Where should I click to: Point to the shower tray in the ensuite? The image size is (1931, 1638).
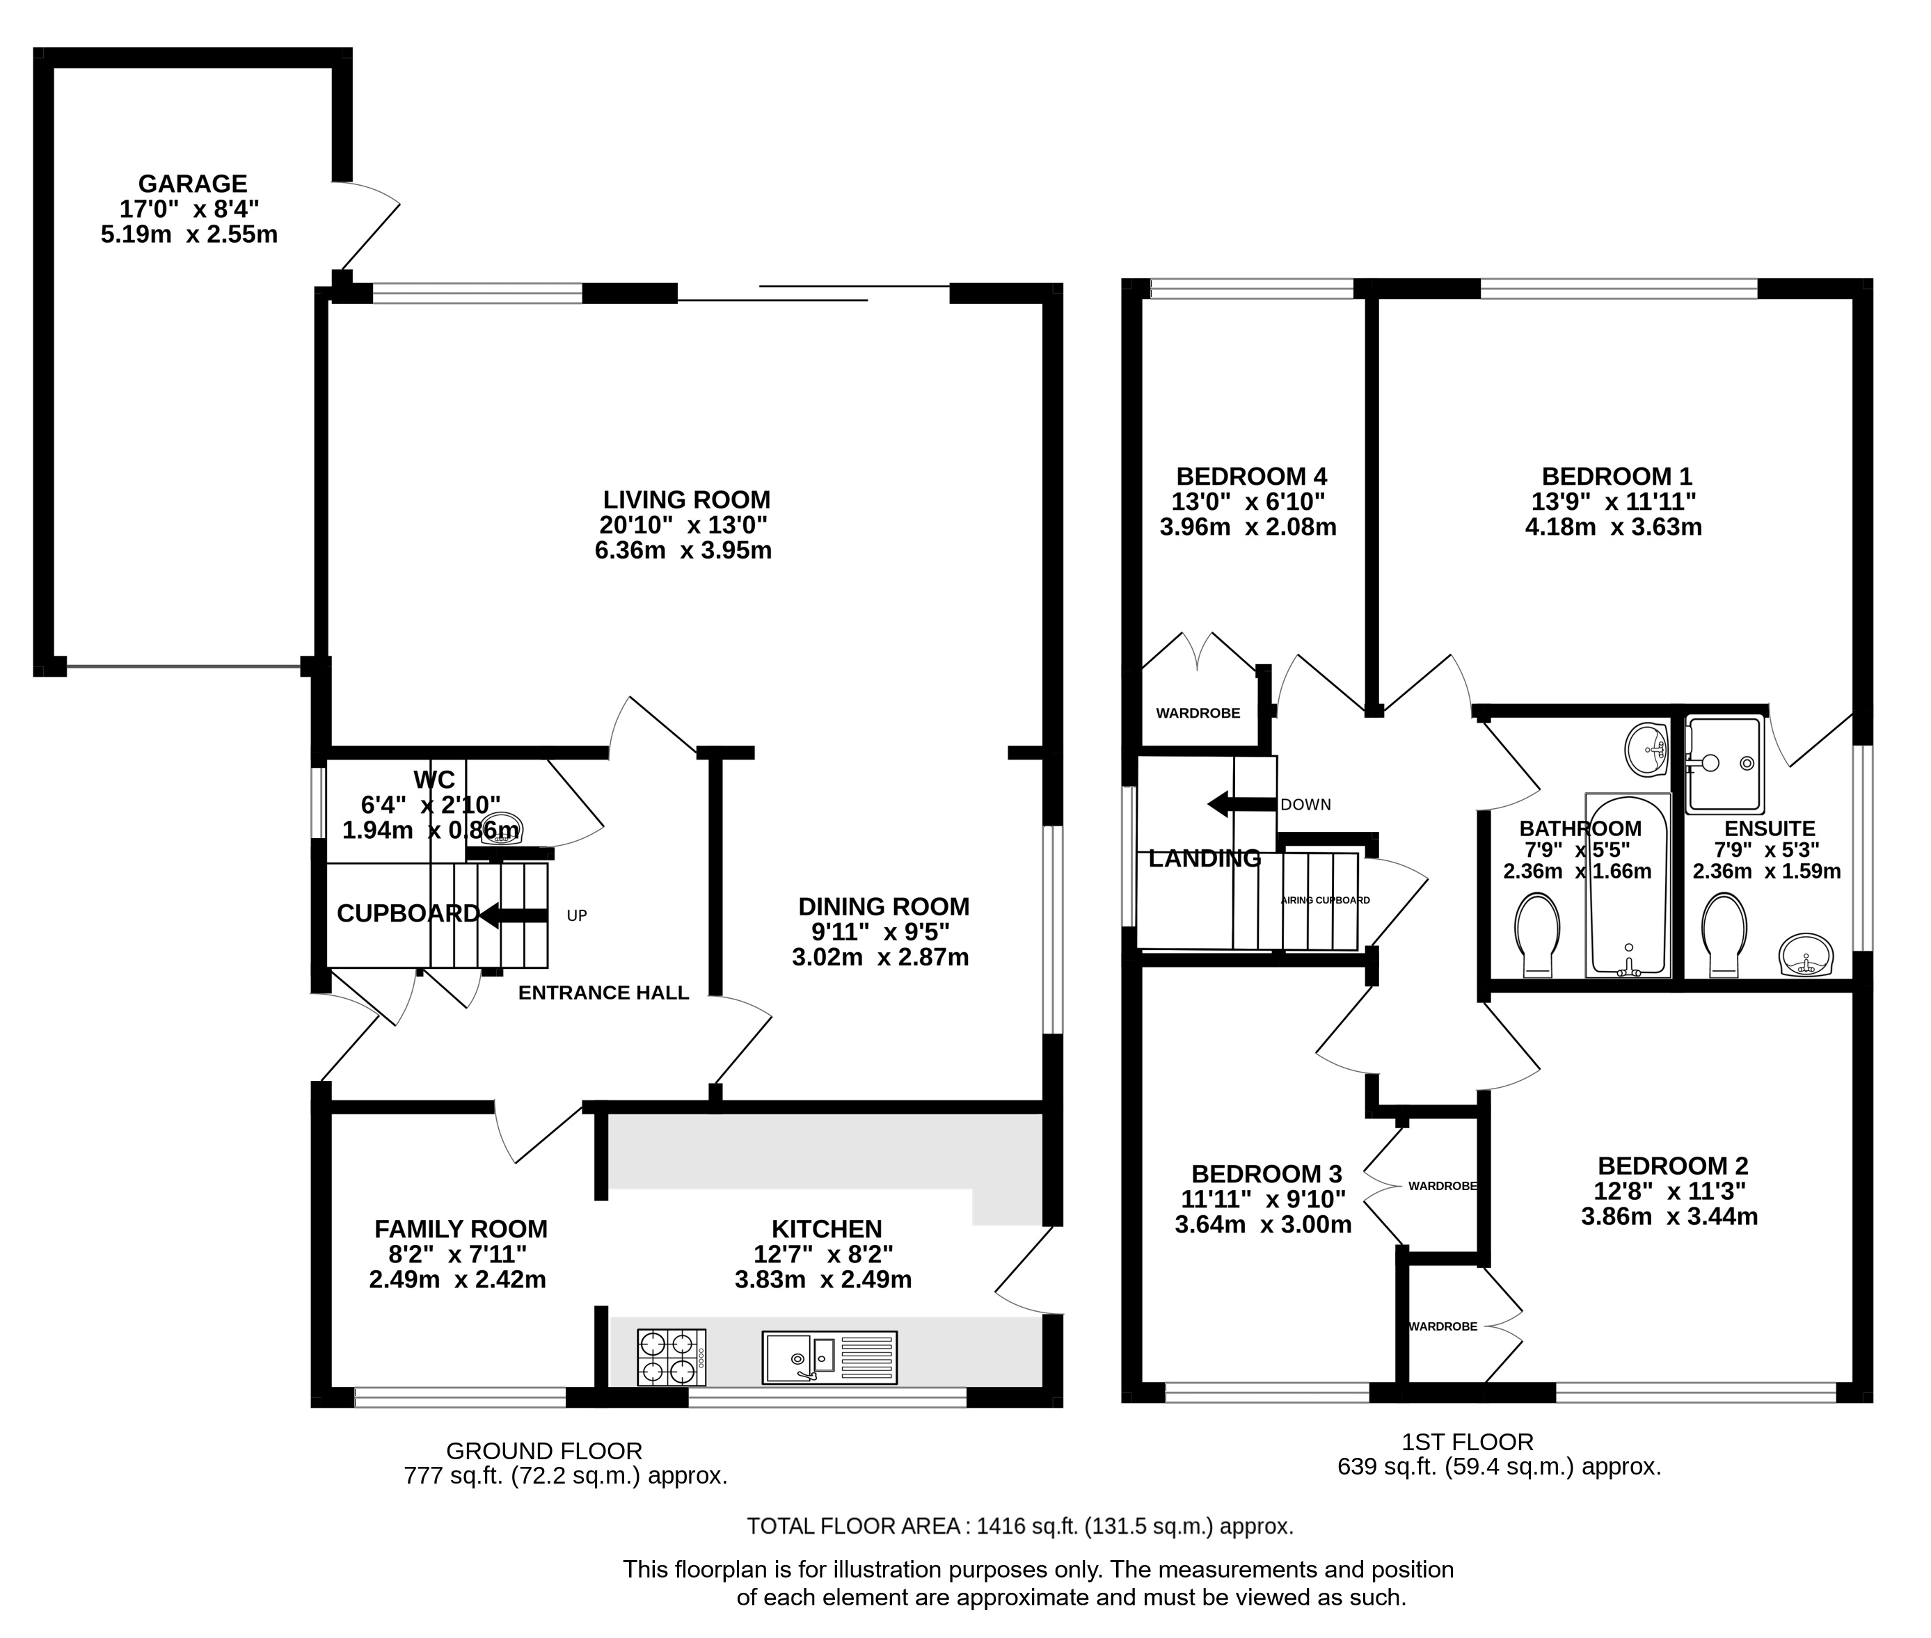coord(1724,763)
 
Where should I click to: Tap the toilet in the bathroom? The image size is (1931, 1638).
coord(1537,933)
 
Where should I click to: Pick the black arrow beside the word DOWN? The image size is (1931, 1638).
coord(1240,804)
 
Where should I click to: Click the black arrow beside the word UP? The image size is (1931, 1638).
coord(511,915)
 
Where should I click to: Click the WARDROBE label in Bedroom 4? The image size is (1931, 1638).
coord(1198,713)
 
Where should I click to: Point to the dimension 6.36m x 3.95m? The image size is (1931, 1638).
coord(683,551)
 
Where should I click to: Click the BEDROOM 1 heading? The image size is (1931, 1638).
coord(1616,476)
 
